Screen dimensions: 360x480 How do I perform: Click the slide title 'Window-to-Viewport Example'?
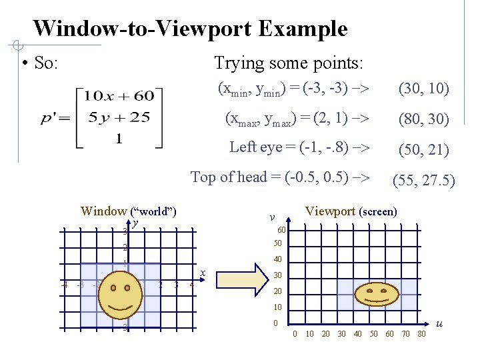tap(190, 29)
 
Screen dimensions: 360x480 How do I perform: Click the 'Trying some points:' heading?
tap(289, 63)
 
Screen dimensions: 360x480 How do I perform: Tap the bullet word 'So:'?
tap(46, 63)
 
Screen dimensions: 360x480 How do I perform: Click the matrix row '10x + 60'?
tap(119, 97)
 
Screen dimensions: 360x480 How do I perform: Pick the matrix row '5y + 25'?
tap(119, 118)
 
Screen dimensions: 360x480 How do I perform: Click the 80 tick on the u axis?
tap(421, 334)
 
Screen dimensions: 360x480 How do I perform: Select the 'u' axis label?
tap(439, 323)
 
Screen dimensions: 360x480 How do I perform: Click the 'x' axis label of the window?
tap(203, 272)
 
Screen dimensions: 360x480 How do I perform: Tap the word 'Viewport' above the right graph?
tap(330, 211)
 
